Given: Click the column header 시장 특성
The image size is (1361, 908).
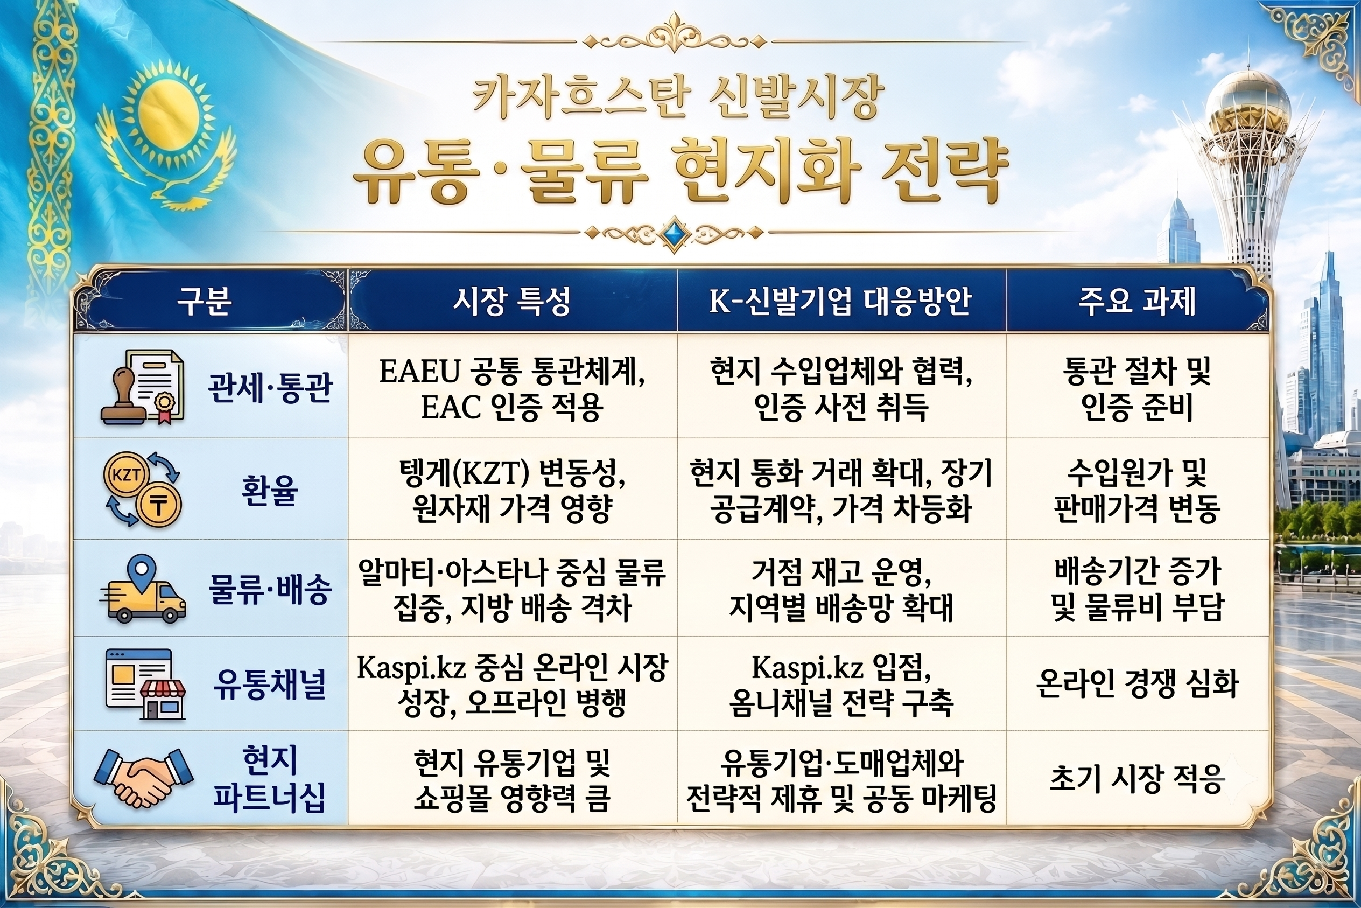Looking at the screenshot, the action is click(x=512, y=301).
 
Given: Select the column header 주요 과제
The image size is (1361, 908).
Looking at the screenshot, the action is click(x=1137, y=301).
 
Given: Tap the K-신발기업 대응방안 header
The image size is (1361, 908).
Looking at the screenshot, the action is click(x=840, y=301).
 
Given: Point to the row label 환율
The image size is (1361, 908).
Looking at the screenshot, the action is click(x=270, y=491).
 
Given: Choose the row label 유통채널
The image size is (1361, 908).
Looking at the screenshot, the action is click(x=270, y=684).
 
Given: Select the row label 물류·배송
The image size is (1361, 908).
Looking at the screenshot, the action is click(x=270, y=589).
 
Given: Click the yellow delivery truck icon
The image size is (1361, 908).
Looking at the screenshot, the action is click(x=143, y=590).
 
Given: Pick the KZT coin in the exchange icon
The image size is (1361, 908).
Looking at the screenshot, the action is click(x=126, y=476).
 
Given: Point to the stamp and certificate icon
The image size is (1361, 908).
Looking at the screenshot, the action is click(x=143, y=387).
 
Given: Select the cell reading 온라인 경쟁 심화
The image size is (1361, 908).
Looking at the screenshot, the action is click(x=1137, y=684).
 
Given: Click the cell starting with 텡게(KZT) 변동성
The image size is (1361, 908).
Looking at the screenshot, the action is click(x=513, y=491).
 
